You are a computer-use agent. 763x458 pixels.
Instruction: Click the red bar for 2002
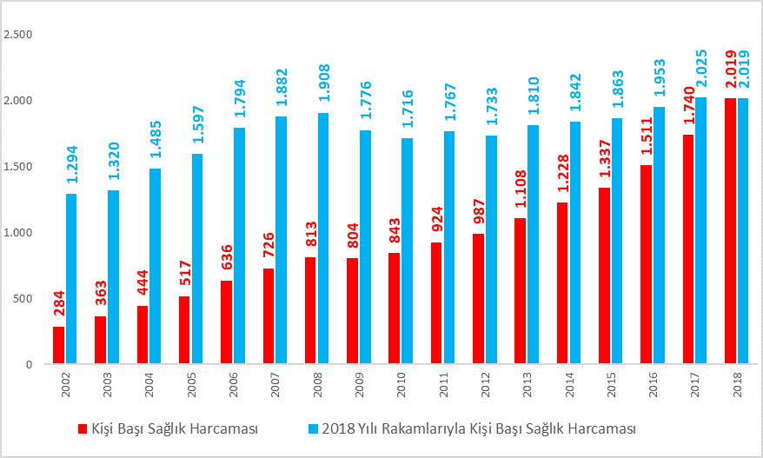click(x=58, y=345)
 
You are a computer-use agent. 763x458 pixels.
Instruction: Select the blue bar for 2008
click(x=323, y=238)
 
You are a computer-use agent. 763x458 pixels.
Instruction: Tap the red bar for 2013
click(x=520, y=291)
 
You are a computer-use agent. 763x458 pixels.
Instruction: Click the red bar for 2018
click(x=730, y=231)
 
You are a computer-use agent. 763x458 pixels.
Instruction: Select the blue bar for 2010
click(x=408, y=251)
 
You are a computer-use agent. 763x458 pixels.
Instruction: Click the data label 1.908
click(x=324, y=84)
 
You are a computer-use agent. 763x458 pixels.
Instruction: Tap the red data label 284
click(x=59, y=302)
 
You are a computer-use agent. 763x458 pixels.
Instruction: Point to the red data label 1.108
click(x=521, y=189)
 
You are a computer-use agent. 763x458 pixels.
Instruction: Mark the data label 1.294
click(x=72, y=165)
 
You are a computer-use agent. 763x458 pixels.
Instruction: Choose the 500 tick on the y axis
click(x=22, y=298)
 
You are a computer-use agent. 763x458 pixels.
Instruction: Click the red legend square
click(x=83, y=428)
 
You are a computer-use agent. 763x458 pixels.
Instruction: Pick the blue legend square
click(x=314, y=428)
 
